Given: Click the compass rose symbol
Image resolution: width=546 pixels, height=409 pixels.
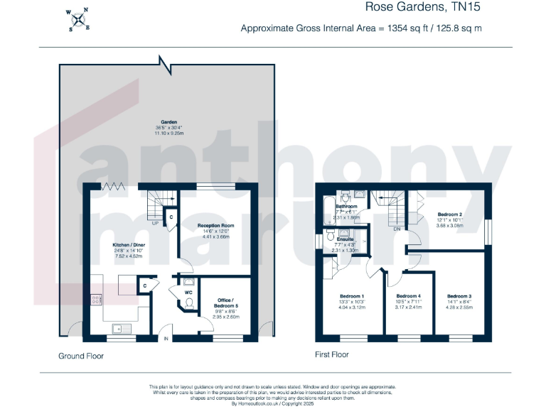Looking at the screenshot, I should [78, 20].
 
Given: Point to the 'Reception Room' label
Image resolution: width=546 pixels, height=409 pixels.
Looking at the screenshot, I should [215, 225].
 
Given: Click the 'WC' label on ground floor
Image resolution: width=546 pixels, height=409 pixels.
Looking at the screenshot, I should [189, 291].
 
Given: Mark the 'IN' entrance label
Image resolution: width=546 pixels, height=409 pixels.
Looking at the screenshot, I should [166, 339].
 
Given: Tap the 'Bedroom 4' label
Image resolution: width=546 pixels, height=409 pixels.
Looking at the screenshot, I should [408, 295].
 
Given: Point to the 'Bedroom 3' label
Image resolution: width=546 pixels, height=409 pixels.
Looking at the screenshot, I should [459, 295].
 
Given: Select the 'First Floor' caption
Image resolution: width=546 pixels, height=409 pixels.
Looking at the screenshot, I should [331, 354].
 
